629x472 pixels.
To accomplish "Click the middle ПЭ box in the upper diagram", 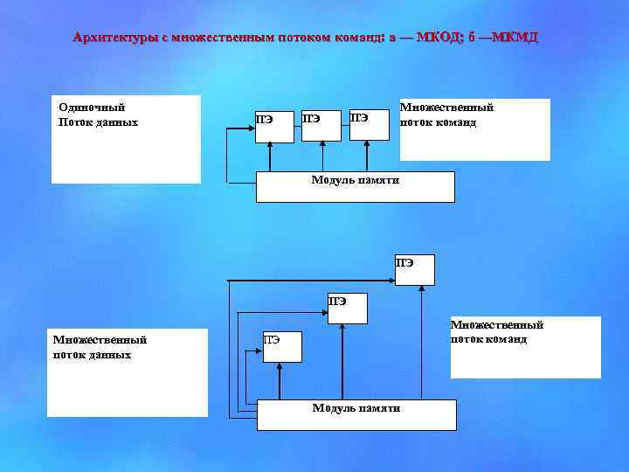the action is pos(320,125).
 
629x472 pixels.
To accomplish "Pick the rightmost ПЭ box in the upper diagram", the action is pos(368,125).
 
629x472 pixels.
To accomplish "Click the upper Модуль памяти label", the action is pos(355,180).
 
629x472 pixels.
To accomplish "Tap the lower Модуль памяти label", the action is pos(356,408).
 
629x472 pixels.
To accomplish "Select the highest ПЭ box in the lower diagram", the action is pos(414,270).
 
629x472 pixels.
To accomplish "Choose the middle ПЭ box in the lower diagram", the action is pos(347,308).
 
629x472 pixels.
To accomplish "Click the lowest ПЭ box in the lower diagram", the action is pos(282,346).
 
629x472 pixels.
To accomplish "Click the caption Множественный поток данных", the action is pos(100,347).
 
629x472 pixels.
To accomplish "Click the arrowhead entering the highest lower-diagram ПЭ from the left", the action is pos(390,281).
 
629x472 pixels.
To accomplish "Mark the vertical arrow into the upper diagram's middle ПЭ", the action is pos(322,156).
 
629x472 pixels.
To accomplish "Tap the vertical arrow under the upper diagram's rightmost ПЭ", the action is pos(367,156).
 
